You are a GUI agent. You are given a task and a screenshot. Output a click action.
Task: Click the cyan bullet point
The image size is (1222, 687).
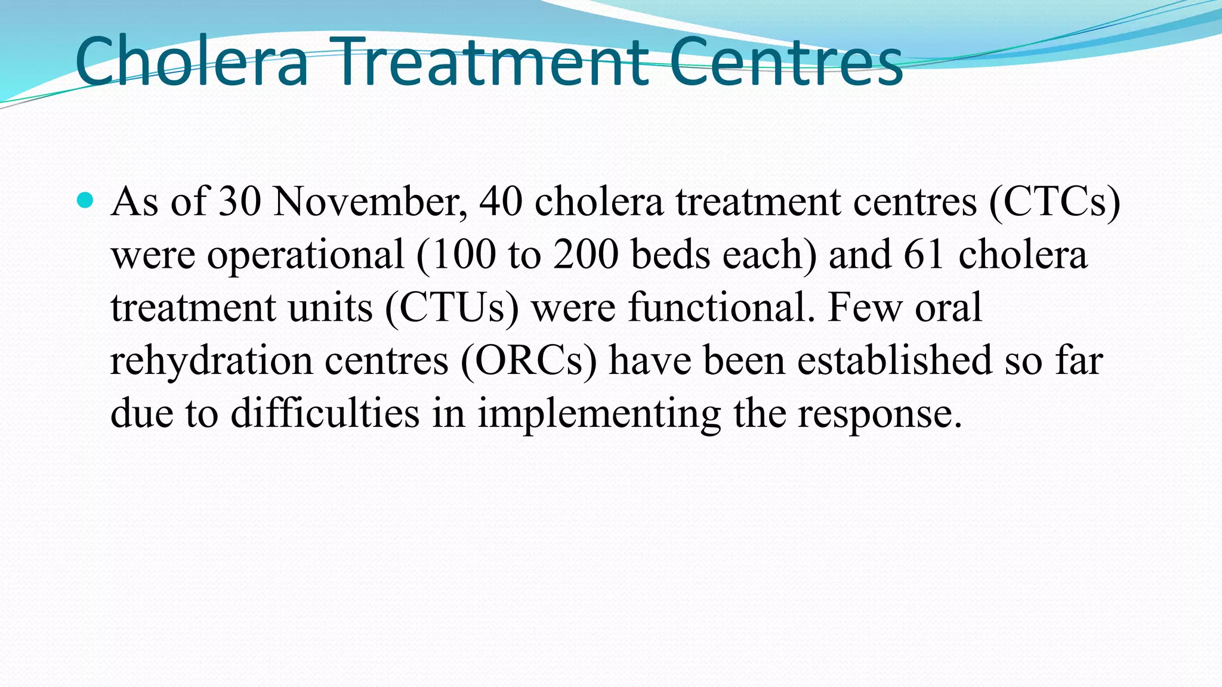pyautogui.click(x=86, y=200)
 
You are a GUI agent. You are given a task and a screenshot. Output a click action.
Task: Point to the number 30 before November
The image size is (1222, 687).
pyautogui.click(x=239, y=202)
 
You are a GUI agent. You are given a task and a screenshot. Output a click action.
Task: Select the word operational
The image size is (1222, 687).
pyautogui.click(x=305, y=255)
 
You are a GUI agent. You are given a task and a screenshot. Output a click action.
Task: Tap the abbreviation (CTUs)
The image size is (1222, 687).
pyautogui.click(x=452, y=308)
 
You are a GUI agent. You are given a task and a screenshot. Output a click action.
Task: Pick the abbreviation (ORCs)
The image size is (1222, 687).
pyautogui.click(x=528, y=361)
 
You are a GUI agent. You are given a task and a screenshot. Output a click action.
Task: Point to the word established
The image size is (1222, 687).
pyautogui.click(x=894, y=360)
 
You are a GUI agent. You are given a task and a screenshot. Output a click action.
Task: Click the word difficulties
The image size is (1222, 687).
pyautogui.click(x=325, y=413)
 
